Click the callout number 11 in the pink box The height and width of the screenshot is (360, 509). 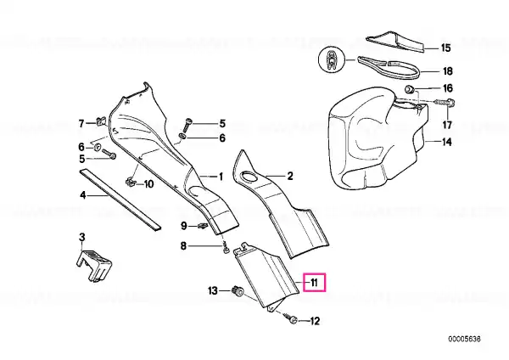314,283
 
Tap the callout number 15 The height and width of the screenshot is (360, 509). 446,48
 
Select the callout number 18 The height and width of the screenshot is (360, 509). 448,71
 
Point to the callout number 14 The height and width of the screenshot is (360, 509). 447,142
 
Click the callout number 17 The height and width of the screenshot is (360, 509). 447,125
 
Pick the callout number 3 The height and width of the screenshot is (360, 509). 82,237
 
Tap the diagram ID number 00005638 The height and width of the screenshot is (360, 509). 465,340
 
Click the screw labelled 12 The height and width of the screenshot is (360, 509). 291,318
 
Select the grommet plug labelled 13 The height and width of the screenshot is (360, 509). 238,290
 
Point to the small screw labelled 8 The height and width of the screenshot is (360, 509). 227,249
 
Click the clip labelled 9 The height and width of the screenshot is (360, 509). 202,225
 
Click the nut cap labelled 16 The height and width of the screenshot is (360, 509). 410,88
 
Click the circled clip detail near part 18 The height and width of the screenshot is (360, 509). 331,60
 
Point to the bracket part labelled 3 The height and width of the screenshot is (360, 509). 94,265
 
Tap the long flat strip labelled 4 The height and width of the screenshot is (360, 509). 120,200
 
